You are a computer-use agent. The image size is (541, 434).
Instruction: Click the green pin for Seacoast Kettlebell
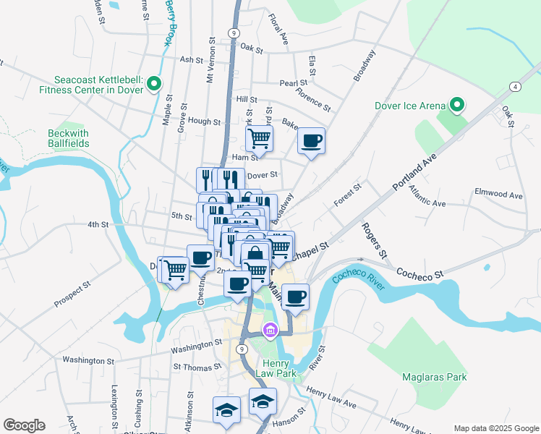tap(154, 85)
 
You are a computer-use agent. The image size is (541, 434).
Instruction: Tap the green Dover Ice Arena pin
tap(456, 106)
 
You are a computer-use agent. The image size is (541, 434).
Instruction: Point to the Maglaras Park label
tap(434, 377)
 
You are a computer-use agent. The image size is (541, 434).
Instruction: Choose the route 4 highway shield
tap(514, 87)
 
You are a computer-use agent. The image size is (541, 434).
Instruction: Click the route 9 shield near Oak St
tap(233, 33)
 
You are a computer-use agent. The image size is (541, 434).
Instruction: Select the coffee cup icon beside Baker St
tap(312, 140)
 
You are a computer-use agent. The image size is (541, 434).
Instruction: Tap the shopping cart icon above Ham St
tap(259, 137)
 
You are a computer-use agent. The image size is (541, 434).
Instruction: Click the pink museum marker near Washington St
tap(270, 331)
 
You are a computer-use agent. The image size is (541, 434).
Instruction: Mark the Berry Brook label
tap(170, 22)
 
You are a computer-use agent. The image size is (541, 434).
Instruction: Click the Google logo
tap(24, 425)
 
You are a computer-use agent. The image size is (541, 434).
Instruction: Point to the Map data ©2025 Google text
tap(495, 428)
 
